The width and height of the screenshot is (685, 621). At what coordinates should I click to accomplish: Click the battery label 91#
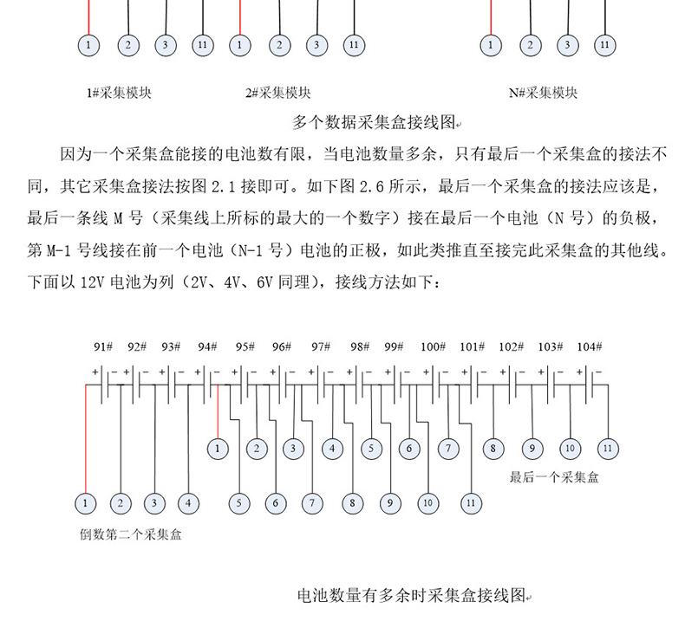pyautogui.click(x=103, y=346)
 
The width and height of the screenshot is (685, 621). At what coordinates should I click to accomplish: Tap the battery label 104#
pyautogui.click(x=588, y=346)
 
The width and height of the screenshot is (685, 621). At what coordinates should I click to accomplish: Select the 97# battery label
pyautogui.click(x=321, y=346)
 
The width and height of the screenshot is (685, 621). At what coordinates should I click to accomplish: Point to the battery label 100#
pyautogui.click(x=433, y=346)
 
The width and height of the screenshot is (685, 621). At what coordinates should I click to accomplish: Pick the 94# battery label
pyautogui.click(x=207, y=346)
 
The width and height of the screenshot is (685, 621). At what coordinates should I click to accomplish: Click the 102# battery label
pyautogui.click(x=511, y=346)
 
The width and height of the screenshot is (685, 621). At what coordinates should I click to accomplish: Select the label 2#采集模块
pyautogui.click(x=277, y=93)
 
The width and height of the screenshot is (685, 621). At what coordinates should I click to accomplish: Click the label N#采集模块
pyautogui.click(x=544, y=93)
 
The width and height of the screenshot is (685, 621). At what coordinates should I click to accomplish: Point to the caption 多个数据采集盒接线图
pyautogui.click(x=373, y=122)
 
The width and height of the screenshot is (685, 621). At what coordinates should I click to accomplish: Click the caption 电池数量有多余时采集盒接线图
pyautogui.click(x=411, y=596)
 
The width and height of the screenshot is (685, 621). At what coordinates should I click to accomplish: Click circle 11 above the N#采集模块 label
pyautogui.click(x=605, y=44)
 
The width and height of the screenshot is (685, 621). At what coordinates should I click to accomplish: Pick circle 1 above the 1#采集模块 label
pyautogui.click(x=89, y=44)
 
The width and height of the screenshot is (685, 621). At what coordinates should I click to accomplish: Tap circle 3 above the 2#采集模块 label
pyautogui.click(x=316, y=44)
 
